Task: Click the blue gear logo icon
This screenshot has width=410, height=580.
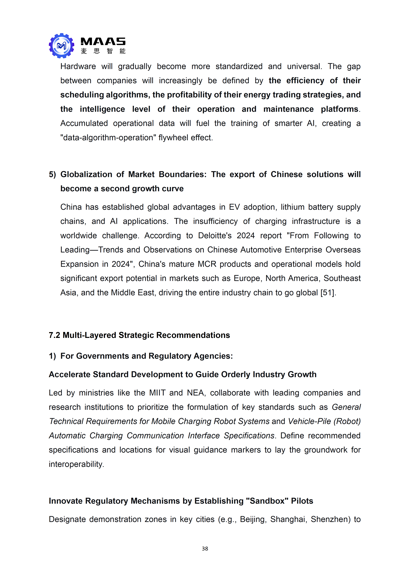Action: (x=61, y=46)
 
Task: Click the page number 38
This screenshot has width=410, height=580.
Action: (x=205, y=548)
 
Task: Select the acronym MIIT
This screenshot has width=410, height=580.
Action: (x=157, y=393)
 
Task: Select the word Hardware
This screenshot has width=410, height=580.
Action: (x=78, y=66)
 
